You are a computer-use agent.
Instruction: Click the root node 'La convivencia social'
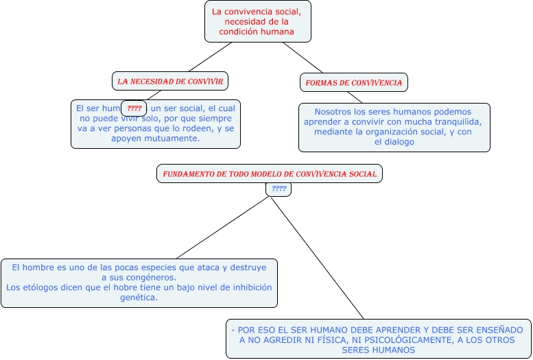pyautogui.click(x=257, y=21)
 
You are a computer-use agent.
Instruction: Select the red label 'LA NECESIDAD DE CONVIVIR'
pyautogui.click(x=170, y=81)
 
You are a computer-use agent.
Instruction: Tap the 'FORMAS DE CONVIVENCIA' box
pyautogui.click(x=354, y=82)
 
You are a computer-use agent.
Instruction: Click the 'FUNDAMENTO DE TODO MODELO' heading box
pyautogui.click(x=270, y=173)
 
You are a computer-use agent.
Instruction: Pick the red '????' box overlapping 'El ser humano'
pyautogui.click(x=134, y=108)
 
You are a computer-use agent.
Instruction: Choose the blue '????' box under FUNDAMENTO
pyautogui.click(x=279, y=189)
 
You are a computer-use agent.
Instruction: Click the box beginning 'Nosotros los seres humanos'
pyautogui.click(x=394, y=127)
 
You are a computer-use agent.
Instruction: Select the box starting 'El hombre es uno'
pyautogui.click(x=139, y=283)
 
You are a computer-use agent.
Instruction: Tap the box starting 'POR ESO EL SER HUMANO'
pyautogui.click(x=378, y=339)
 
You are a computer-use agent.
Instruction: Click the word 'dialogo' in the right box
pyautogui.click(x=399, y=142)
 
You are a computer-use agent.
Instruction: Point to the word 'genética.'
pyautogui.click(x=139, y=298)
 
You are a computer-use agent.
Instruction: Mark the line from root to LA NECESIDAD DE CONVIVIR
pyautogui.click(x=209, y=57)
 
